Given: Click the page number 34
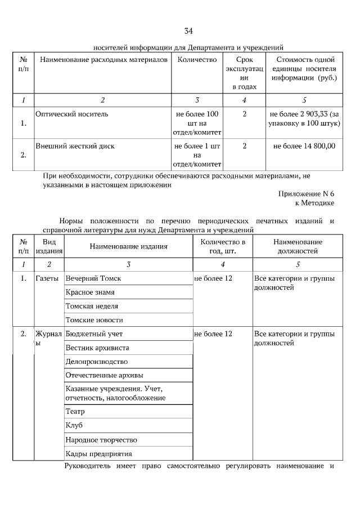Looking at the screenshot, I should point(188,30).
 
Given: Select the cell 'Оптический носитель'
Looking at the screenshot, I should point(72,114).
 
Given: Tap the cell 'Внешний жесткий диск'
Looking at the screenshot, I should point(75,146).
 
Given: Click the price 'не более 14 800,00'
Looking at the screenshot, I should point(304,146).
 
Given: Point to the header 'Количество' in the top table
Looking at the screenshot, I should point(197,60).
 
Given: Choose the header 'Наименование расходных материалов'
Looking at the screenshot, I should point(102,60).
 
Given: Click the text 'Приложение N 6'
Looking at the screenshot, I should point(306,193).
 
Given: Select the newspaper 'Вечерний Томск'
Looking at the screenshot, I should point(93,278).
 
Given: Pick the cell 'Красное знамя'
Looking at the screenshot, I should point(90,292).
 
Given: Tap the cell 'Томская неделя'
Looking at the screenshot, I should point(92,307).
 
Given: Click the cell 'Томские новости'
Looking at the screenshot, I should point(94,320).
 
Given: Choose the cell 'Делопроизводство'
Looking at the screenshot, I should point(97,362).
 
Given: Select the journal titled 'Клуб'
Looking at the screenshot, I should point(74,426).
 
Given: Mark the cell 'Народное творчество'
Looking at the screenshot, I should point(101,440).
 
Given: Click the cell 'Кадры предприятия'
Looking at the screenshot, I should point(98,454).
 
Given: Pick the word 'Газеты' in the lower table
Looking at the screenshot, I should point(47,278).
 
